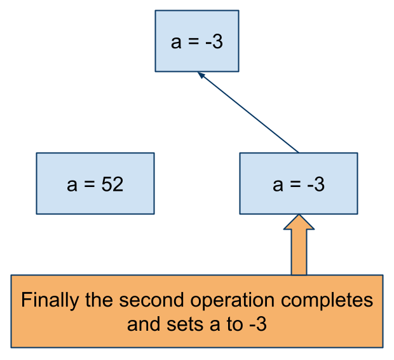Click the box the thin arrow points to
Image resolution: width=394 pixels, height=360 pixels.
pyautogui.click(x=197, y=41)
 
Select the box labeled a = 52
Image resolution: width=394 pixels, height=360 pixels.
pyautogui.click(x=95, y=183)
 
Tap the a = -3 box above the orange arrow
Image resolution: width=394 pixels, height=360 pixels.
pyautogui.click(x=299, y=183)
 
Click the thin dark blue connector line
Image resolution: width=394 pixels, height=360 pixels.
pyautogui.click(x=248, y=112)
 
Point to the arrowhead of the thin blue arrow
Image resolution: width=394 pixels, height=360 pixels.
pyautogui.click(x=201, y=75)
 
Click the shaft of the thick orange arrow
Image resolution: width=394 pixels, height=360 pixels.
pyautogui.click(x=299, y=252)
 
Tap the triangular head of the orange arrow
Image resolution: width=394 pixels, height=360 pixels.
pyautogui.click(x=299, y=223)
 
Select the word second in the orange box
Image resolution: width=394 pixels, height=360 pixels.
pyautogui.click(x=151, y=300)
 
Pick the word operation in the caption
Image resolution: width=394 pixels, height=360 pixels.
pyautogui.click(x=233, y=301)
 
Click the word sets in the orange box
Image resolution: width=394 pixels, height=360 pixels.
pyautogui.click(x=185, y=324)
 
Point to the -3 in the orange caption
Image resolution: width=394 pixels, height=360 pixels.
pyautogui.click(x=258, y=324)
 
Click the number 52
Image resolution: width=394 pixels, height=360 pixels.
pyautogui.click(x=112, y=184)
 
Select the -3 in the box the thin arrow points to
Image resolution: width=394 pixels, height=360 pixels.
pyautogui.click(x=214, y=41)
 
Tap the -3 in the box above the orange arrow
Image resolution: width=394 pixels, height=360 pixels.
pyautogui.click(x=316, y=184)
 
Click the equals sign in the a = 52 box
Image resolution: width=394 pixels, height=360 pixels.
pyautogui.click(x=90, y=184)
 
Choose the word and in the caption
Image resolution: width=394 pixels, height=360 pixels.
pyautogui.click(x=144, y=324)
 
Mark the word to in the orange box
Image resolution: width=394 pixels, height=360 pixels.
pyautogui.click(x=235, y=324)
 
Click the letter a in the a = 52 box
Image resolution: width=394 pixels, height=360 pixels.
pyautogui.click(x=72, y=186)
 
